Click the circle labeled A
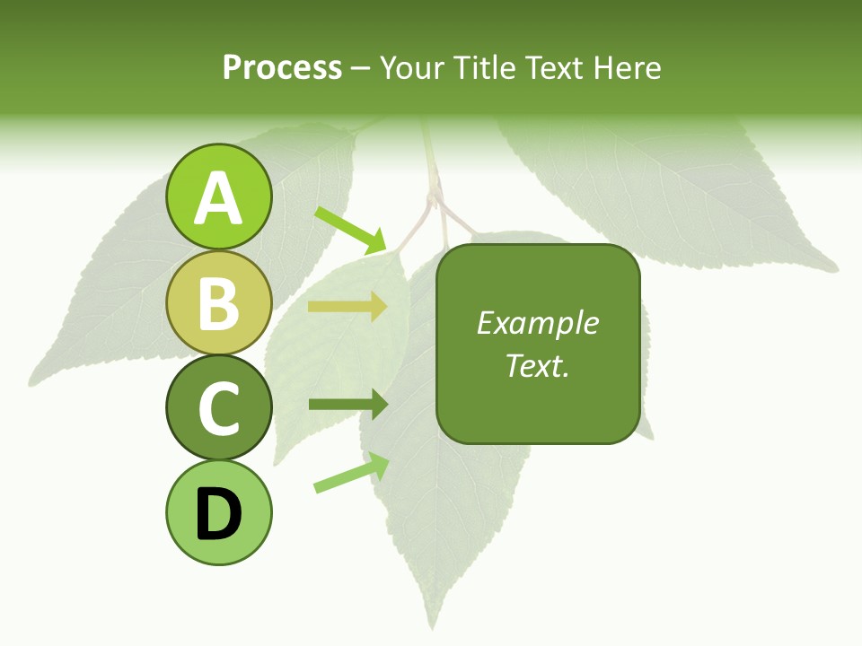click(218, 196)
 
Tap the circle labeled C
click(218, 408)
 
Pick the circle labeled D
click(218, 513)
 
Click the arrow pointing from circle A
click(350, 230)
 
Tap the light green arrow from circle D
click(351, 473)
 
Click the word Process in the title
click(282, 68)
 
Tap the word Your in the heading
click(411, 68)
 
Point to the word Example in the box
click(537, 323)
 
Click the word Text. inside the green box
click(537, 365)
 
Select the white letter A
click(218, 198)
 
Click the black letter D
click(218, 514)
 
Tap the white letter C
click(218, 409)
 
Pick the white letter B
click(218, 303)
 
